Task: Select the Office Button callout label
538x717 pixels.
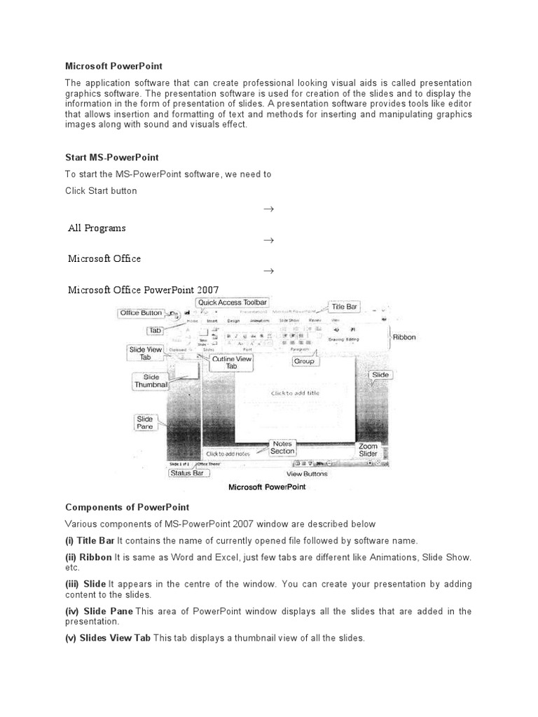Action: pyautogui.click(x=141, y=313)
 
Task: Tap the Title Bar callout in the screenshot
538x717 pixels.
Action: pyautogui.click(x=344, y=307)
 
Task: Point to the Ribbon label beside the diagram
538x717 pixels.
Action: pyautogui.click(x=403, y=337)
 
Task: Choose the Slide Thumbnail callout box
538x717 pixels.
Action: pyautogui.click(x=151, y=381)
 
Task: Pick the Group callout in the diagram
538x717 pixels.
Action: pyautogui.click(x=303, y=362)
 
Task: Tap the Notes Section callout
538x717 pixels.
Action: pyautogui.click(x=282, y=447)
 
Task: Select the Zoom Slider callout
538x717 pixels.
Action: pyautogui.click(x=368, y=450)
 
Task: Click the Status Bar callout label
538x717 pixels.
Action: pyautogui.click(x=187, y=473)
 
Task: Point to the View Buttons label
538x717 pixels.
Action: pyautogui.click(x=306, y=474)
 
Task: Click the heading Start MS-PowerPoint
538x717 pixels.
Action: pyautogui.click(x=112, y=158)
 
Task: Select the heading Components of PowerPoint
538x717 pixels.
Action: pyautogui.click(x=127, y=507)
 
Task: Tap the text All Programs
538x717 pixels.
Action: pyautogui.click(x=97, y=228)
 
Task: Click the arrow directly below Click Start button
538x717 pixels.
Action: pyautogui.click(x=268, y=209)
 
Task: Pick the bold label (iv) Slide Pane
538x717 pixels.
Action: pyautogui.click(x=99, y=611)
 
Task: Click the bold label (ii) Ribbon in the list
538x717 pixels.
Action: pyautogui.click(x=88, y=557)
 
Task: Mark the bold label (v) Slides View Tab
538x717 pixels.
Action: pyautogui.click(x=108, y=638)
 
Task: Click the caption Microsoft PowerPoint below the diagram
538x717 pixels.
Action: pyautogui.click(x=268, y=488)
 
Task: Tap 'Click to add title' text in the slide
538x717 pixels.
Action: pyautogui.click(x=295, y=394)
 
